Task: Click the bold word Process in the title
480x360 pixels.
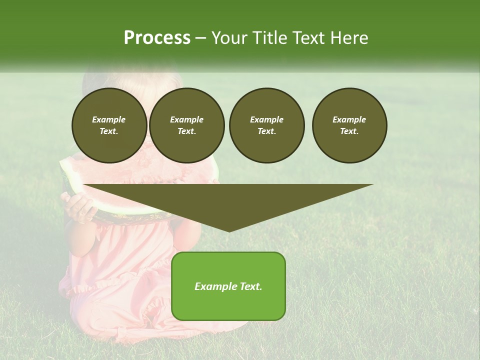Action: point(157,38)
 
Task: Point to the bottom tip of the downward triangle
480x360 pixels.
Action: point(229,231)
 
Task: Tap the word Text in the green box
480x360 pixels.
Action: point(249,286)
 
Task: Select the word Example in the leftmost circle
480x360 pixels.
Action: point(109,119)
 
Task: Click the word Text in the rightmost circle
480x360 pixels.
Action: point(349,131)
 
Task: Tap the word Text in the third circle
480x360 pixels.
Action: point(266,131)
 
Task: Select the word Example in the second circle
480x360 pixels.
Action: point(186,119)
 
